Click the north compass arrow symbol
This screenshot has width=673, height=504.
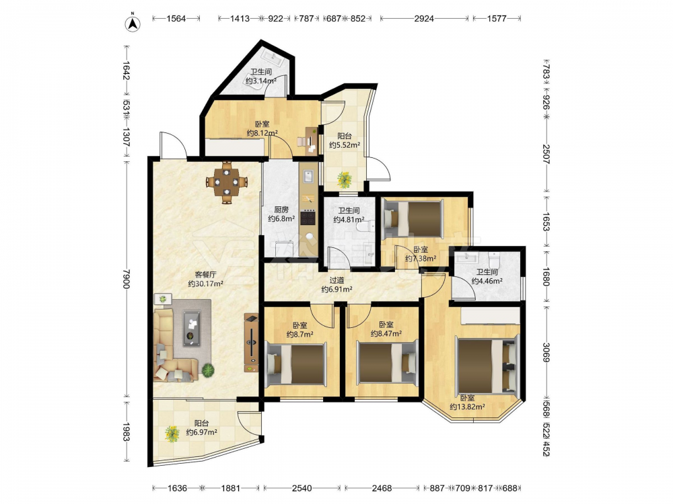tap(133, 24)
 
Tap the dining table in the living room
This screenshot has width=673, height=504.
tap(227, 182)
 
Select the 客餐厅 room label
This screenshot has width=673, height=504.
tap(205, 274)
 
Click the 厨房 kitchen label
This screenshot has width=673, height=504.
tap(281, 210)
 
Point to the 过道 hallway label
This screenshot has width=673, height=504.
tap(337, 280)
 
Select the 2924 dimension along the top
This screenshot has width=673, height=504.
tap(424, 18)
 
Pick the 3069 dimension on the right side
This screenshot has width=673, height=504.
tap(546, 352)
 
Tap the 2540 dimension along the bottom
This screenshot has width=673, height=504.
tap(302, 488)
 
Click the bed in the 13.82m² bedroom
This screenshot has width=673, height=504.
tap(487, 366)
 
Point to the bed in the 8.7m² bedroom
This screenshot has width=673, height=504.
tap(295, 364)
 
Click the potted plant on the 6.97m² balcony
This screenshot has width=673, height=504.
tap(172, 433)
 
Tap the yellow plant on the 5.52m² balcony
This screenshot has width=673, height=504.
tap(344, 179)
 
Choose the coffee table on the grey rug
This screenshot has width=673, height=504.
tap(191, 328)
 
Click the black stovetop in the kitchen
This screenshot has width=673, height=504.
tap(308, 218)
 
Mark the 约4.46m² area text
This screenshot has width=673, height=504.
tap(487, 281)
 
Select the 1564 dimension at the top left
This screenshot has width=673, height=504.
tap(176, 18)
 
